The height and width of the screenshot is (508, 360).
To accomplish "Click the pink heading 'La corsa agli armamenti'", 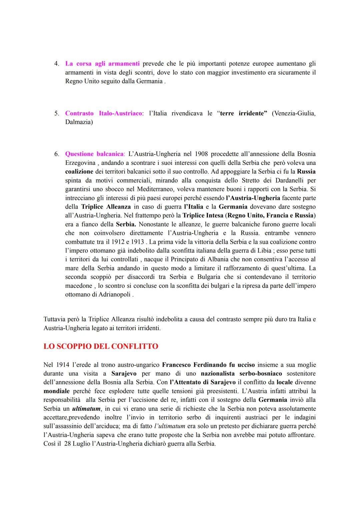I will tap(102, 64).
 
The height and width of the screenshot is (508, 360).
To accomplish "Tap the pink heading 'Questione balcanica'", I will tap(94, 154).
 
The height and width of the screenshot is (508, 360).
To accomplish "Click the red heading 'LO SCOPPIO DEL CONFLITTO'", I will tap(101, 346).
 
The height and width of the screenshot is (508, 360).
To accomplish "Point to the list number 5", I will tap(57, 113).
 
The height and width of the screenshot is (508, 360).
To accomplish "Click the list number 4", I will tap(57, 64).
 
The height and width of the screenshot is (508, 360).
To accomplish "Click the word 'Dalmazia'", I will tap(78, 122).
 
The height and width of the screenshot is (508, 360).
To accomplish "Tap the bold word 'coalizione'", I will tap(79, 172).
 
